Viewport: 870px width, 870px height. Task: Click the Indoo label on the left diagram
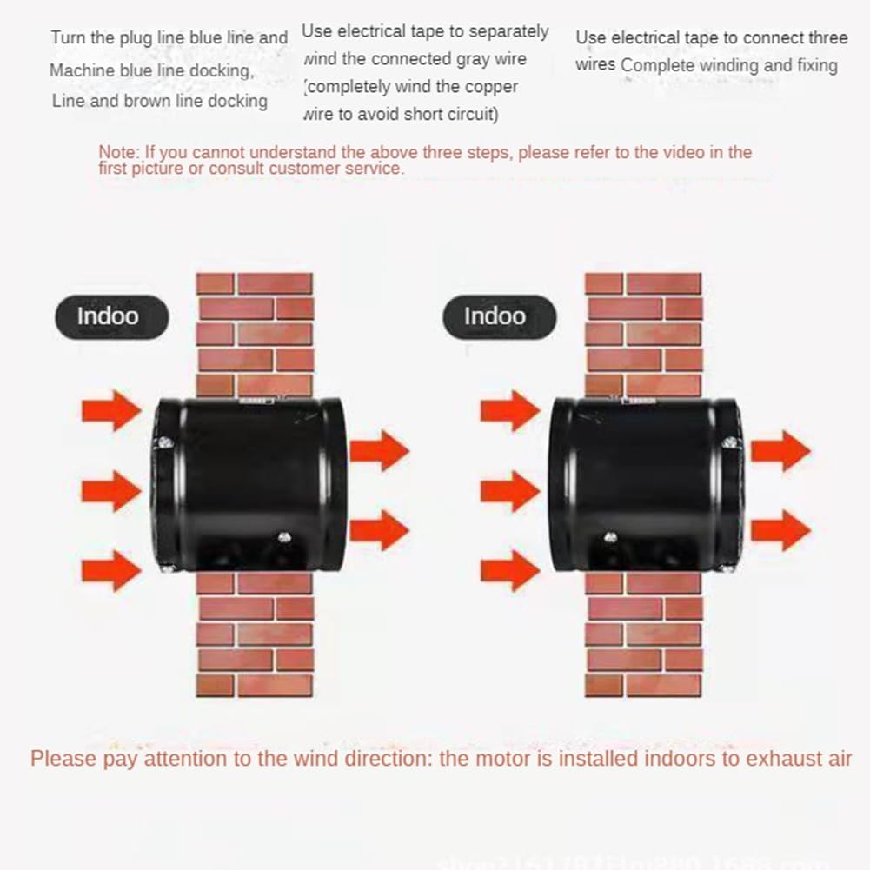click(x=108, y=315)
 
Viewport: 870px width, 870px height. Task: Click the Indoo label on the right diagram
click(x=495, y=315)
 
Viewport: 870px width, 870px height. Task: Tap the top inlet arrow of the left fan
click(x=111, y=410)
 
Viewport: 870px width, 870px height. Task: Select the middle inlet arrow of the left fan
click(x=111, y=491)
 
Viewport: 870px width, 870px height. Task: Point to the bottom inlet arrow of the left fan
click(x=111, y=571)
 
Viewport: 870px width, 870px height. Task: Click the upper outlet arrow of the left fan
click(x=379, y=450)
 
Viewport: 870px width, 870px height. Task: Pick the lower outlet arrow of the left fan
click(x=379, y=530)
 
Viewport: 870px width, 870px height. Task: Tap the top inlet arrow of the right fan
click(x=510, y=410)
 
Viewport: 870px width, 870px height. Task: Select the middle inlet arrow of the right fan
click(x=510, y=491)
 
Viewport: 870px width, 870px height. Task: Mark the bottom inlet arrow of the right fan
click(x=510, y=571)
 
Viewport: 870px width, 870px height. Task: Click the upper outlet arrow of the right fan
click(x=780, y=450)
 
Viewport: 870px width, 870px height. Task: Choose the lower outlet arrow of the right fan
click(x=780, y=530)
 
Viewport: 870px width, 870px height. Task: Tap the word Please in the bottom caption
click(x=63, y=758)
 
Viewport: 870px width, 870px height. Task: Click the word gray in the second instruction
click(x=468, y=59)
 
